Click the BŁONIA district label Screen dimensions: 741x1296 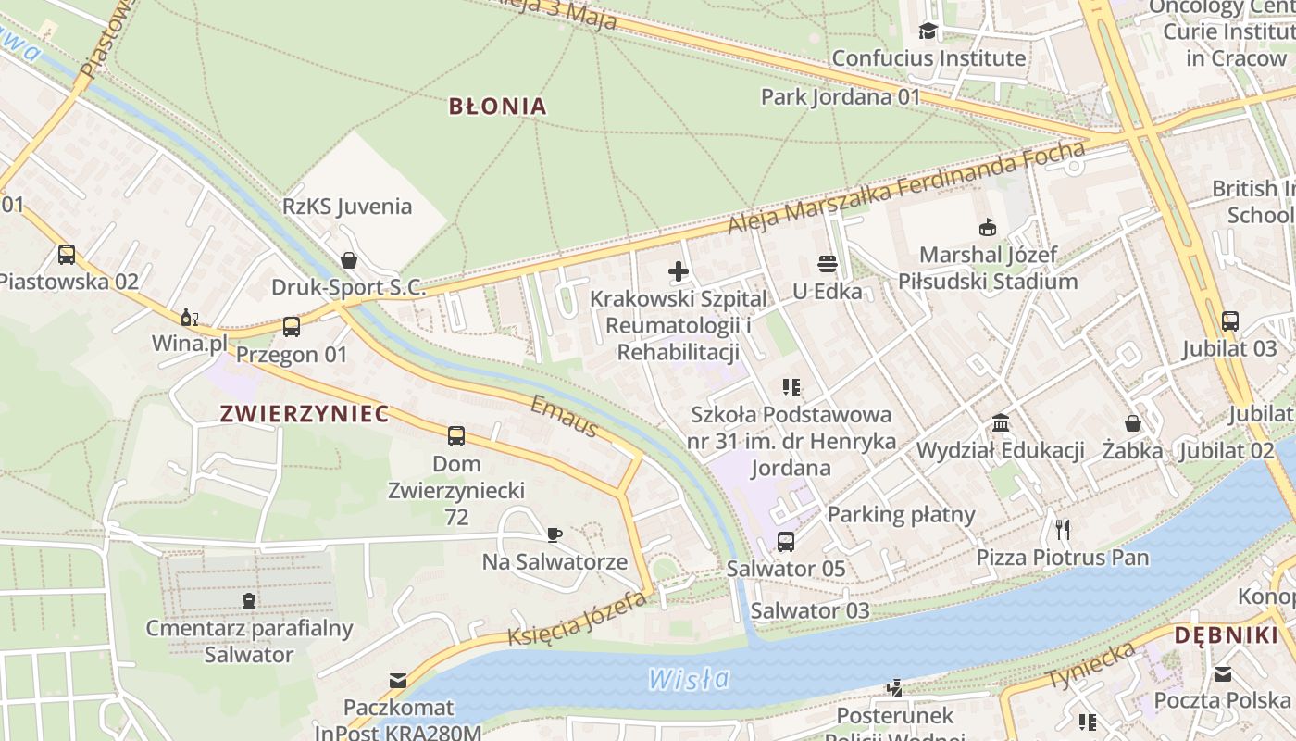click(497, 106)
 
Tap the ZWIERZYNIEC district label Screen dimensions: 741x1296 click(305, 414)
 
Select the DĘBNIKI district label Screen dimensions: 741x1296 click(1226, 635)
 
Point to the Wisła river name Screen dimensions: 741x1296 click(689, 679)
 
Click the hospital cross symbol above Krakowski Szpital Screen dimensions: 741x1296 click(679, 271)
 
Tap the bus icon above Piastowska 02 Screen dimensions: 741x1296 click(67, 254)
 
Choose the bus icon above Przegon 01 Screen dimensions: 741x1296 click(292, 326)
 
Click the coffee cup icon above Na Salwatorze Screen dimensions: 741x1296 click(555, 534)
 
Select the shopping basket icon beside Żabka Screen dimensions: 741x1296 click(1132, 423)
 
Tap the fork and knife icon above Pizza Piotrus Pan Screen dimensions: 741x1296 click(1063, 530)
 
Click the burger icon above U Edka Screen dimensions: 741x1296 click(828, 264)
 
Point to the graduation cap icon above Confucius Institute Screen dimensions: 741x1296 click(928, 31)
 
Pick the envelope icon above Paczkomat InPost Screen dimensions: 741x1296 click(398, 681)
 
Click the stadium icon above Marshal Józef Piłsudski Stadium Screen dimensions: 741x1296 click(988, 227)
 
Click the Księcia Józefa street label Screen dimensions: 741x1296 click(576, 620)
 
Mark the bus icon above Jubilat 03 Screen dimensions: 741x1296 click(1229, 321)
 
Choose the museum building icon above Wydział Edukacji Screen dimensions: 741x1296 click(1001, 423)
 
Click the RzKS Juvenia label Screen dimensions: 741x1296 click(348, 206)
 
